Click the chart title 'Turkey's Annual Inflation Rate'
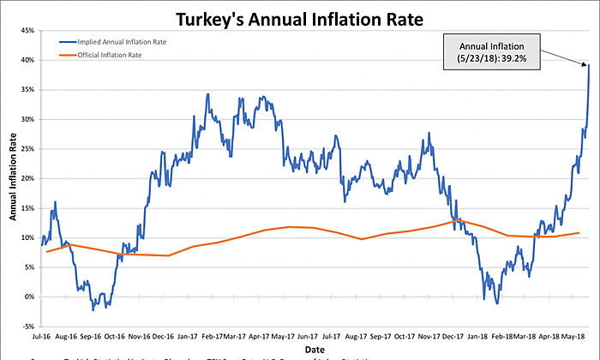pos(299,17)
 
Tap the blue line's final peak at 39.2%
pos(589,65)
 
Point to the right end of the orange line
pos(579,232)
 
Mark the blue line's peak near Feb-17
pos(207,94)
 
